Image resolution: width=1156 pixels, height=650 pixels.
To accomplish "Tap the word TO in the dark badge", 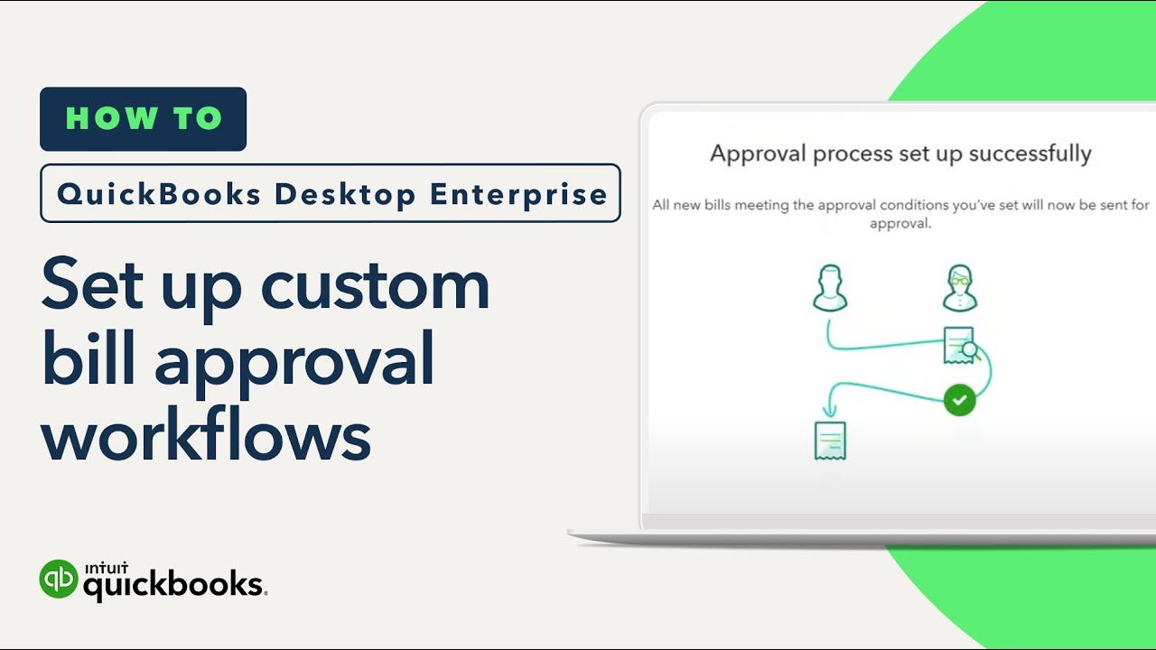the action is click(198, 118).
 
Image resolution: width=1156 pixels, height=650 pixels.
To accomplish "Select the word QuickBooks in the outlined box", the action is click(159, 194).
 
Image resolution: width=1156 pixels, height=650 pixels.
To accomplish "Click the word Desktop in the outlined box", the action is click(345, 194).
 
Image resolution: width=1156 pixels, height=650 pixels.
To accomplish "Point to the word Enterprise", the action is click(518, 194).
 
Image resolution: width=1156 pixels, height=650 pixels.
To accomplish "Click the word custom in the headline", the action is click(375, 287).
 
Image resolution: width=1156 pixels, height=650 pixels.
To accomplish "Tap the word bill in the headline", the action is click(89, 357).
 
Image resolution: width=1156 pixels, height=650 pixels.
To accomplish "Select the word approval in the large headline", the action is click(294, 364).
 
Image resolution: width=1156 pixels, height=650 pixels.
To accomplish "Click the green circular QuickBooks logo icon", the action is click(59, 579).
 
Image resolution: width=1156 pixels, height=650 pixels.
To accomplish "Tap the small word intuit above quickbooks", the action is click(107, 568).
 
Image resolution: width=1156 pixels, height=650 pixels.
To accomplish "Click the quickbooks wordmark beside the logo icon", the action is click(173, 586).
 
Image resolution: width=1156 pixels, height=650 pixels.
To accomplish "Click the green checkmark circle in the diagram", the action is click(959, 400).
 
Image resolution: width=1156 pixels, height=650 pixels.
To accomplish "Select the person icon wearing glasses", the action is click(960, 288).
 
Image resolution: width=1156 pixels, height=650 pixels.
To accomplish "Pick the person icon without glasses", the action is click(830, 288).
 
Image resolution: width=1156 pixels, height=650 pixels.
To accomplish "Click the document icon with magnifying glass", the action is click(961, 345).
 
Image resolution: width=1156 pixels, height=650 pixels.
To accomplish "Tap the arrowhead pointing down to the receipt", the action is click(829, 410).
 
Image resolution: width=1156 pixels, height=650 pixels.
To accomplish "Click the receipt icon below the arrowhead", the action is click(830, 441).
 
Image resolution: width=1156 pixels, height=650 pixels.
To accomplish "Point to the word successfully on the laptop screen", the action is click(1030, 153).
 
